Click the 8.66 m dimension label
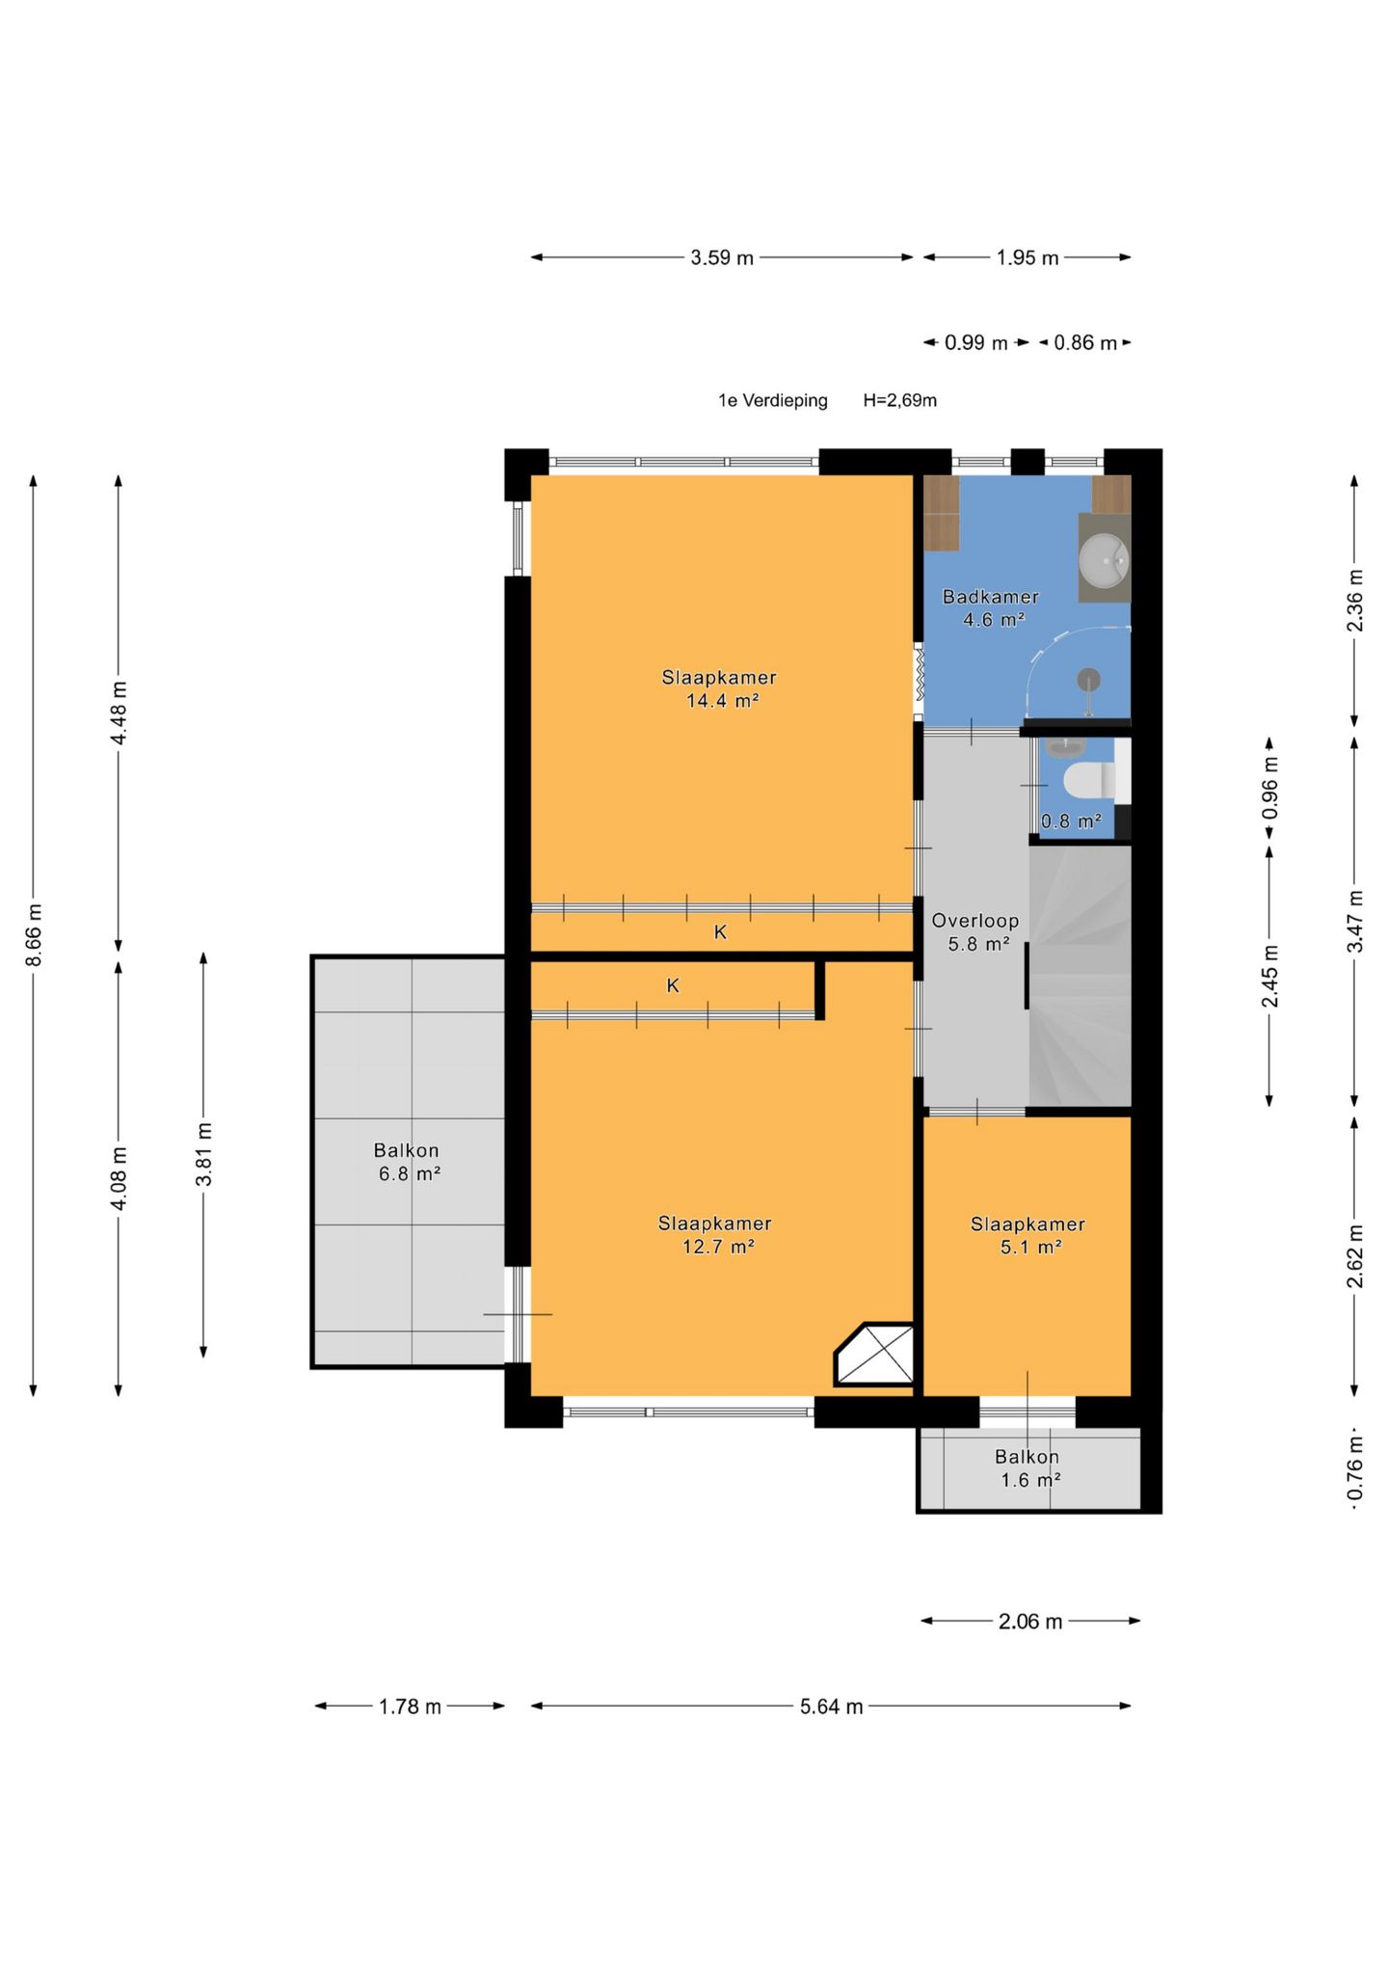[x=34, y=934]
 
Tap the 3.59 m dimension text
[x=722, y=257]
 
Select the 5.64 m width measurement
[x=831, y=1707]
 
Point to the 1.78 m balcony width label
[x=410, y=1707]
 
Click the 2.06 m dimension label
[x=1030, y=1622]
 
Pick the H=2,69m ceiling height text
[x=899, y=400]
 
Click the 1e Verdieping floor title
[x=773, y=400]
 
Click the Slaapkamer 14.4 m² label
[x=719, y=689]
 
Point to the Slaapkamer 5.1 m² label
[x=1028, y=1235]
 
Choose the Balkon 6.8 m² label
[x=408, y=1162]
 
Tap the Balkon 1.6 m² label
[x=1028, y=1468]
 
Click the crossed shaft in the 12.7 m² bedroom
[x=874, y=1355]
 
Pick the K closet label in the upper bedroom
[x=720, y=932]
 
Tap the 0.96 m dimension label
[x=1270, y=788]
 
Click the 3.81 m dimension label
[x=203, y=1156]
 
